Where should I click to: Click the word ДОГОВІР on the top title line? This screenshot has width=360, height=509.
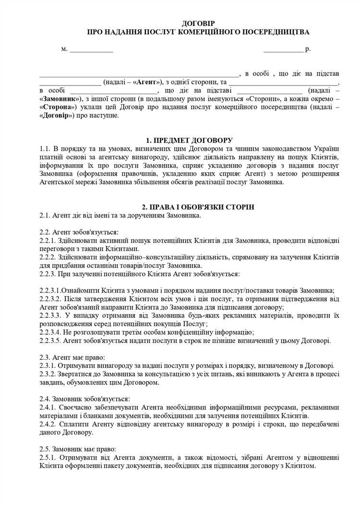(198, 24)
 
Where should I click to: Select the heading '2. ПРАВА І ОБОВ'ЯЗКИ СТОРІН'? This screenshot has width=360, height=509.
(195, 206)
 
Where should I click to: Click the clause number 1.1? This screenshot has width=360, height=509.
(46, 148)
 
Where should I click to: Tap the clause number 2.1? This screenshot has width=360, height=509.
(45, 215)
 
